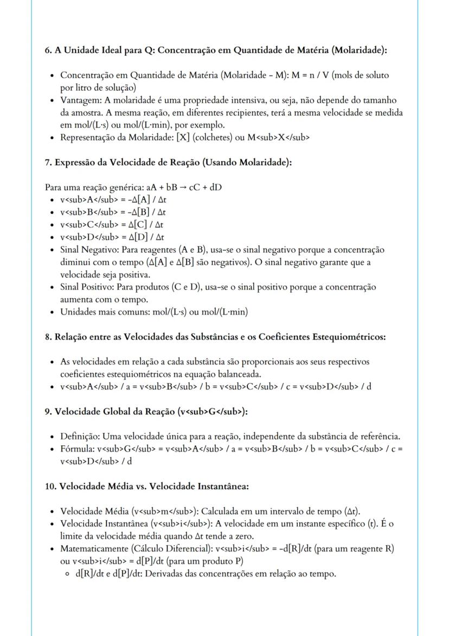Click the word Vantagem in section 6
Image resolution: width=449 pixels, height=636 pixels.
(77, 100)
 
